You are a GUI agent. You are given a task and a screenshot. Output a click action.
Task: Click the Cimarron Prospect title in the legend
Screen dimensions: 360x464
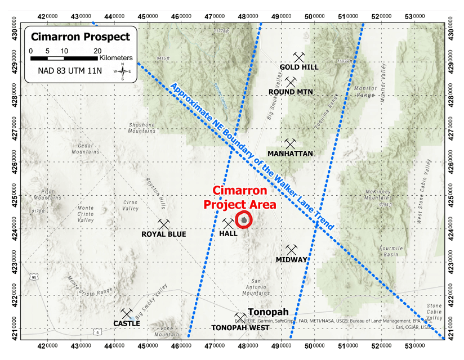coord(80,37)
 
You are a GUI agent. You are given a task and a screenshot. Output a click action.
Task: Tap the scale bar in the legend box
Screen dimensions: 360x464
coord(63,57)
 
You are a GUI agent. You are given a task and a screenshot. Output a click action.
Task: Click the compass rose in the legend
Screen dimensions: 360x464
coord(122,71)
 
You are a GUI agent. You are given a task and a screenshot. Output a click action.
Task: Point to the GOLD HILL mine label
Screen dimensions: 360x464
coord(299,67)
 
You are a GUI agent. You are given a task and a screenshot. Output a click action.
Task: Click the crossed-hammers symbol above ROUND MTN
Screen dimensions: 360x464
coord(291,82)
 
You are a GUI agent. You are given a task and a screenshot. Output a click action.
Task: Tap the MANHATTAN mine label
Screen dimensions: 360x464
coord(290,153)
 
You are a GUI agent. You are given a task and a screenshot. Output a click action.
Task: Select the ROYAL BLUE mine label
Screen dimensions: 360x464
coord(163,234)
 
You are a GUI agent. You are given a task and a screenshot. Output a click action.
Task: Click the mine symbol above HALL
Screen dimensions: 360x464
coord(229,224)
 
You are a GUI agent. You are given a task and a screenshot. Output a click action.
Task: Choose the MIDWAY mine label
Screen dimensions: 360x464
coord(291,260)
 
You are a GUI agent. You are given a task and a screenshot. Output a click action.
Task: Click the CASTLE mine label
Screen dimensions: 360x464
coord(127,323)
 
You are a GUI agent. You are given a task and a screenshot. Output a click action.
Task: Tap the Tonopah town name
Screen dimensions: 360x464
coord(268,312)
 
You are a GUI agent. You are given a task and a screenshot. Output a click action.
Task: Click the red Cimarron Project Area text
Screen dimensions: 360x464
coord(240,198)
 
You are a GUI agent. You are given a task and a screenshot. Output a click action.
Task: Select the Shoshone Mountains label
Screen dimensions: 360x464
coord(142,127)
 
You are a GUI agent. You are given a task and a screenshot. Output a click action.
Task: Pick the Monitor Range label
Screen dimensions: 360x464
coord(366,92)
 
